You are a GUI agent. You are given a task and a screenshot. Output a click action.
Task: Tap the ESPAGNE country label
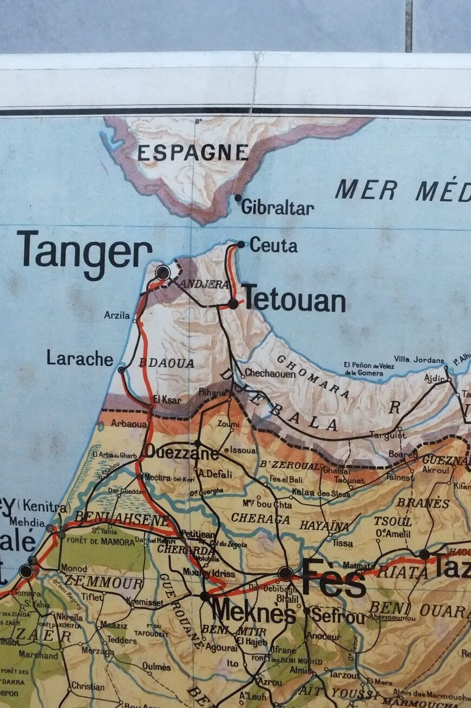pos(193,153)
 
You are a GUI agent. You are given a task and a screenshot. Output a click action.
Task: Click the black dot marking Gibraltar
pos(238,198)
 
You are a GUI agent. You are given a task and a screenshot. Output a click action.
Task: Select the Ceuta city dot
pos(241,244)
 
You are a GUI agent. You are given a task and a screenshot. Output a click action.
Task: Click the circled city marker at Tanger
pos(162,272)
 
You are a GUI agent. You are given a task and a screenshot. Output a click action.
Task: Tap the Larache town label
pos(80,358)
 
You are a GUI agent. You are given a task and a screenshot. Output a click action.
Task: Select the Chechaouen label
pos(270,373)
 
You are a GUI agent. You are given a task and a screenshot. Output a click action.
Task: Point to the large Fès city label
pos(333,579)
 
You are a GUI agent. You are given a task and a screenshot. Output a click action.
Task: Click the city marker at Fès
pos(285,574)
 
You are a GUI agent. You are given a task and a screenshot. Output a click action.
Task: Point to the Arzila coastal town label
pos(117,315)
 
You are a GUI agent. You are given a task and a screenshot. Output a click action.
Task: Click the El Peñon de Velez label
pos(369,369)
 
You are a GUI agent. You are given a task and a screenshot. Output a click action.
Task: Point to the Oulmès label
pos(156,666)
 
